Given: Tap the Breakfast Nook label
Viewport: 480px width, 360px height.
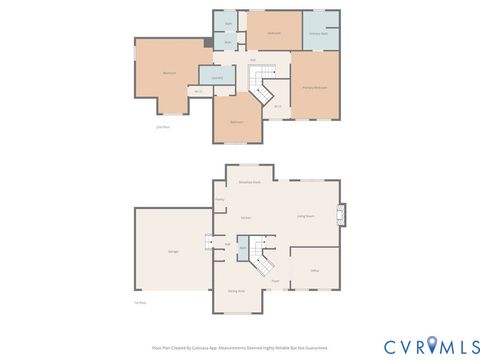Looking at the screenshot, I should click(249, 182).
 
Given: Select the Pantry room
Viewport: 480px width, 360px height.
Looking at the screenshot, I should click(219, 200).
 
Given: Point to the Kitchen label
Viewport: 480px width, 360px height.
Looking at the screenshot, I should click(245, 216).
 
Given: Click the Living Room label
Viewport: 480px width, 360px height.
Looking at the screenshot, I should click(307, 215).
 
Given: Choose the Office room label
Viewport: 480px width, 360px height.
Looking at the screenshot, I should click(313, 270).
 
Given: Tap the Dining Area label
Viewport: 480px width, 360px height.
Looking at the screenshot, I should click(236, 290).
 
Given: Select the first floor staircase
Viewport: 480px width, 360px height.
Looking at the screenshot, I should click(263, 256).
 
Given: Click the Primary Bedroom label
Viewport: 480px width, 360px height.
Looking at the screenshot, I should click(315, 87).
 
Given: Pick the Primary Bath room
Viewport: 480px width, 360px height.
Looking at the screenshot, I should click(321, 33).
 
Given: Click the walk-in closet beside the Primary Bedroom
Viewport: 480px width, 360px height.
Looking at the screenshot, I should click(277, 106).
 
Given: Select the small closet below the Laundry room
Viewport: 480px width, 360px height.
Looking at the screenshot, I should click(199, 92).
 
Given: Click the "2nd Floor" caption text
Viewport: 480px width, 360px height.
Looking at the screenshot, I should click(162, 127).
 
